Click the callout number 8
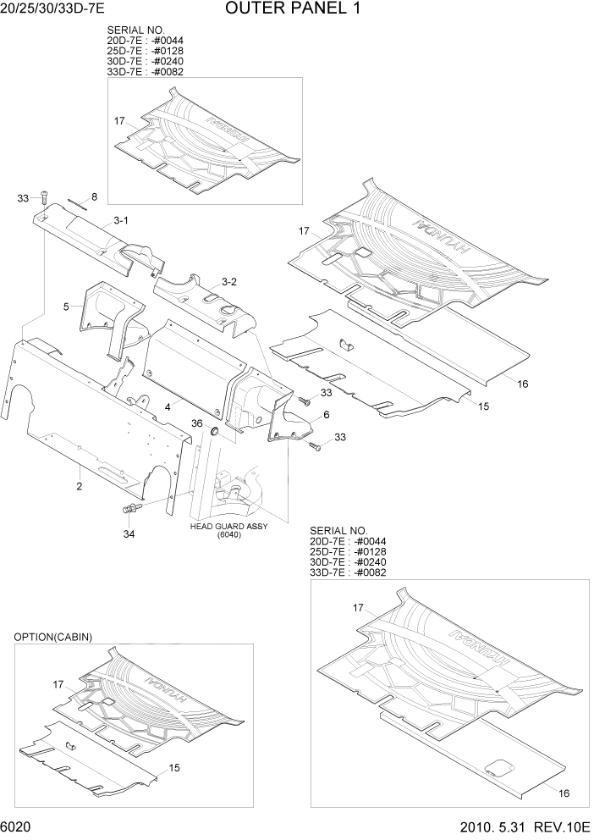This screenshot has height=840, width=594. point(94,197)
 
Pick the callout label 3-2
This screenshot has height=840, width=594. point(229,281)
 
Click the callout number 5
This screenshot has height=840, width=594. point(66,306)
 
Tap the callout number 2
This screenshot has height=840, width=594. point(79,486)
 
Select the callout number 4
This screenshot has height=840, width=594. point(168,407)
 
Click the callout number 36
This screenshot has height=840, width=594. point(196,423)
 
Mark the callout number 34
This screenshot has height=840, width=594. point(129,533)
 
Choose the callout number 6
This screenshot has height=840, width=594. point(325,416)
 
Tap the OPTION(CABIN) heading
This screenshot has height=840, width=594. point(52,637)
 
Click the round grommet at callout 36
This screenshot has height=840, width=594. point(214,433)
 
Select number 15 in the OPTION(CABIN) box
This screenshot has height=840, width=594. point(175,769)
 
